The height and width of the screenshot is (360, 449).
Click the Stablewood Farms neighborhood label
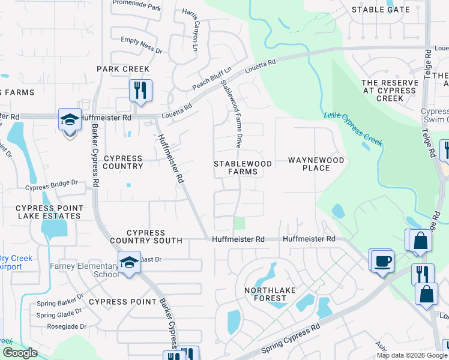coord(243,167)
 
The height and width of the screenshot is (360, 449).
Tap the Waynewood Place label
coord(316,164)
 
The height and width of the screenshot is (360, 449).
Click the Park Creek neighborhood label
coord(123,69)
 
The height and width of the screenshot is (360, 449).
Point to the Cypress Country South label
coord(146,236)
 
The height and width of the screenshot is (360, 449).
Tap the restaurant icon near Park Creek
coord(140,91)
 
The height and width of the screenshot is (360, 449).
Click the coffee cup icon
coord(382,261)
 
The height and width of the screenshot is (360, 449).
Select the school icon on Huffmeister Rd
coord(70,119)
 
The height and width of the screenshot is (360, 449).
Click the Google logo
coord(19,353)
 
